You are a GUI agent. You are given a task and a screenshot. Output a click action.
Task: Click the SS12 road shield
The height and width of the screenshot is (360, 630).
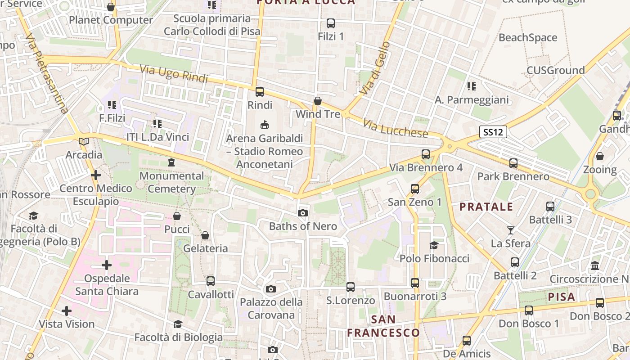point(493,132)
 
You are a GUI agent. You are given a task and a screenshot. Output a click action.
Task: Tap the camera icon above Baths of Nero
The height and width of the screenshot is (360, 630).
point(303,213)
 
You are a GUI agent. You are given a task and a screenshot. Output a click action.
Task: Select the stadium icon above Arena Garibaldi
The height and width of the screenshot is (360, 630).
point(264,125)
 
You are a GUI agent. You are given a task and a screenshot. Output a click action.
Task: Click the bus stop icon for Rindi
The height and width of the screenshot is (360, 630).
point(260,92)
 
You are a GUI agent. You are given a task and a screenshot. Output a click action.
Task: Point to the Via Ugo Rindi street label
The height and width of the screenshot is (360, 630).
point(173,74)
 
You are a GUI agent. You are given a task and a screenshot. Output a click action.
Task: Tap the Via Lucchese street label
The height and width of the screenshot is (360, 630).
point(396,129)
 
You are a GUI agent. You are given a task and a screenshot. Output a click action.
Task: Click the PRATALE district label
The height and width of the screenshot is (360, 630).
point(486,207)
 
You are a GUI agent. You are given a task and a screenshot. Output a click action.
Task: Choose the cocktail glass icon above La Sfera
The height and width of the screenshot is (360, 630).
point(510,230)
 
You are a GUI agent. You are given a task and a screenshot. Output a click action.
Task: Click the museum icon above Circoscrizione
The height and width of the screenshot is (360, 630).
point(595,265)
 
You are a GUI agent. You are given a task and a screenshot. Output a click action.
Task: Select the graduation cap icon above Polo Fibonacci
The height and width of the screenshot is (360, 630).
point(434,245)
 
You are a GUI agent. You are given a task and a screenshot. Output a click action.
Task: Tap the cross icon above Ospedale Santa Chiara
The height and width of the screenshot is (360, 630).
point(107,265)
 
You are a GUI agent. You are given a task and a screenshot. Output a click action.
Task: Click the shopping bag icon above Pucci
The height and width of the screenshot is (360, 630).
point(177,216)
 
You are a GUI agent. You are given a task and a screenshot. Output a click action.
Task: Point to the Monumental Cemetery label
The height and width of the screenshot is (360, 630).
point(171,182)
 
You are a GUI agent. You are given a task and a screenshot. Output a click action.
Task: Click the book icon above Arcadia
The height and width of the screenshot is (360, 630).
point(84,141)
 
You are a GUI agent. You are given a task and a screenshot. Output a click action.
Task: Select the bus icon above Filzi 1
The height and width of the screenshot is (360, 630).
point(331,23)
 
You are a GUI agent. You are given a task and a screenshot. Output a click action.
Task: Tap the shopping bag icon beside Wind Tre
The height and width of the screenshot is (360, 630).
point(318,101)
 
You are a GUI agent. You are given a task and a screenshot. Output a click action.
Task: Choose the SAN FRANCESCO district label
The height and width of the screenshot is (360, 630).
point(383,326)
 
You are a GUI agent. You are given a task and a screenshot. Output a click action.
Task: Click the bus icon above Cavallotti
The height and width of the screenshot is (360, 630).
point(211,281)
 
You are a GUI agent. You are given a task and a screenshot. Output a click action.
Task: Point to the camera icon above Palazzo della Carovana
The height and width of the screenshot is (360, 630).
point(270,289)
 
